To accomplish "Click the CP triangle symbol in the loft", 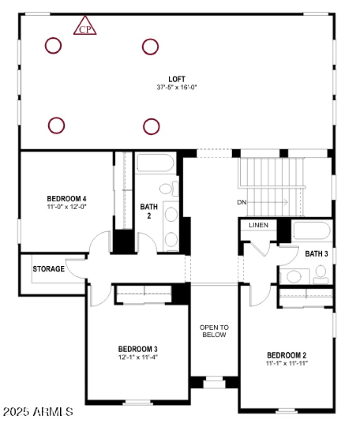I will click(x=85, y=27).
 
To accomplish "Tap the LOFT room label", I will click(x=174, y=79).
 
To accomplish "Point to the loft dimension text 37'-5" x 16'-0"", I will click(x=174, y=87).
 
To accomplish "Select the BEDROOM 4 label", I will click(x=67, y=198).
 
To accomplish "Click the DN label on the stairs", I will click(x=242, y=202).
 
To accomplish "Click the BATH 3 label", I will click(x=316, y=254).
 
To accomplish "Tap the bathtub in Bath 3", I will click(x=312, y=231).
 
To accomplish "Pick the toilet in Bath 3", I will click(x=320, y=272).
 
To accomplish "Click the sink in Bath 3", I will click(x=295, y=276).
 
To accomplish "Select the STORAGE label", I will click(x=48, y=269).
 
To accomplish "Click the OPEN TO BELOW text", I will click(x=214, y=331).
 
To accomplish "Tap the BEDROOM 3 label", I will click(x=138, y=349).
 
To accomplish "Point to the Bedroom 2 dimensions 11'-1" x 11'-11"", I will click(x=286, y=362).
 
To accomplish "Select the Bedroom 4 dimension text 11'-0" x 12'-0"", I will click(x=67, y=207).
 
